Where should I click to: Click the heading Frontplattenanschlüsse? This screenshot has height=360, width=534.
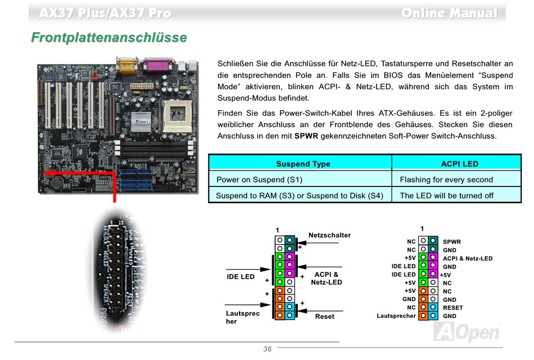coord(109,38)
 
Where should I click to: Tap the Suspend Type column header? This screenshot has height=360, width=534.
coord(303,164)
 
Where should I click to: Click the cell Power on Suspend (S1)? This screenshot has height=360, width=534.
coord(260,180)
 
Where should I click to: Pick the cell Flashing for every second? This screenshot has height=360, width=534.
coord(446,180)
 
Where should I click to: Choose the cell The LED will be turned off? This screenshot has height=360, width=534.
coord(446,195)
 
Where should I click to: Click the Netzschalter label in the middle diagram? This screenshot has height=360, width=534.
coord(329,235)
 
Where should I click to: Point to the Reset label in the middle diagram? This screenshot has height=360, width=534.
coord(324,316)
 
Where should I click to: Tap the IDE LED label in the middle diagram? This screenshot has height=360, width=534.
coord(241,276)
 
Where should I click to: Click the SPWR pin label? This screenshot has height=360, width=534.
coord(452,242)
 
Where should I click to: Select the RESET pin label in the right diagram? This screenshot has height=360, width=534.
coord(452,308)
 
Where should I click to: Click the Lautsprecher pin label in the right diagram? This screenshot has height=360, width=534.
coord(396,316)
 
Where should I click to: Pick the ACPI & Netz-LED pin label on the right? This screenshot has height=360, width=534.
coord(468,259)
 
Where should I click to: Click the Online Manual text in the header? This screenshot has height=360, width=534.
coord(449,13)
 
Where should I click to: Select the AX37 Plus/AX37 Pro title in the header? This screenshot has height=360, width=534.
coord(105,13)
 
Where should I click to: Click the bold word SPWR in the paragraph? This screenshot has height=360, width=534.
coord(306,136)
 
